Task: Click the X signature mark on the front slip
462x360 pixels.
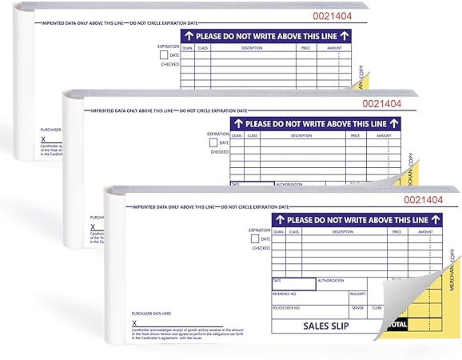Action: pos(134,322)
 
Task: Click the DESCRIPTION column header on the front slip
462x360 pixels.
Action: pos(342,232)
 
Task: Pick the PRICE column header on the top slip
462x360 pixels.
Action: pos(305,47)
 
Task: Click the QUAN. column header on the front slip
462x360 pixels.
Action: pos(279,232)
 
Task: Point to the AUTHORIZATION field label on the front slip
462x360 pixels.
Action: pos(331,281)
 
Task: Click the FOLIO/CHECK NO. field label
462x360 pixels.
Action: pos(288,307)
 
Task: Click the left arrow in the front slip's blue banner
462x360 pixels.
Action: pos(280,218)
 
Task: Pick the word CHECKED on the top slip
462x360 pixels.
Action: pos(170,64)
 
